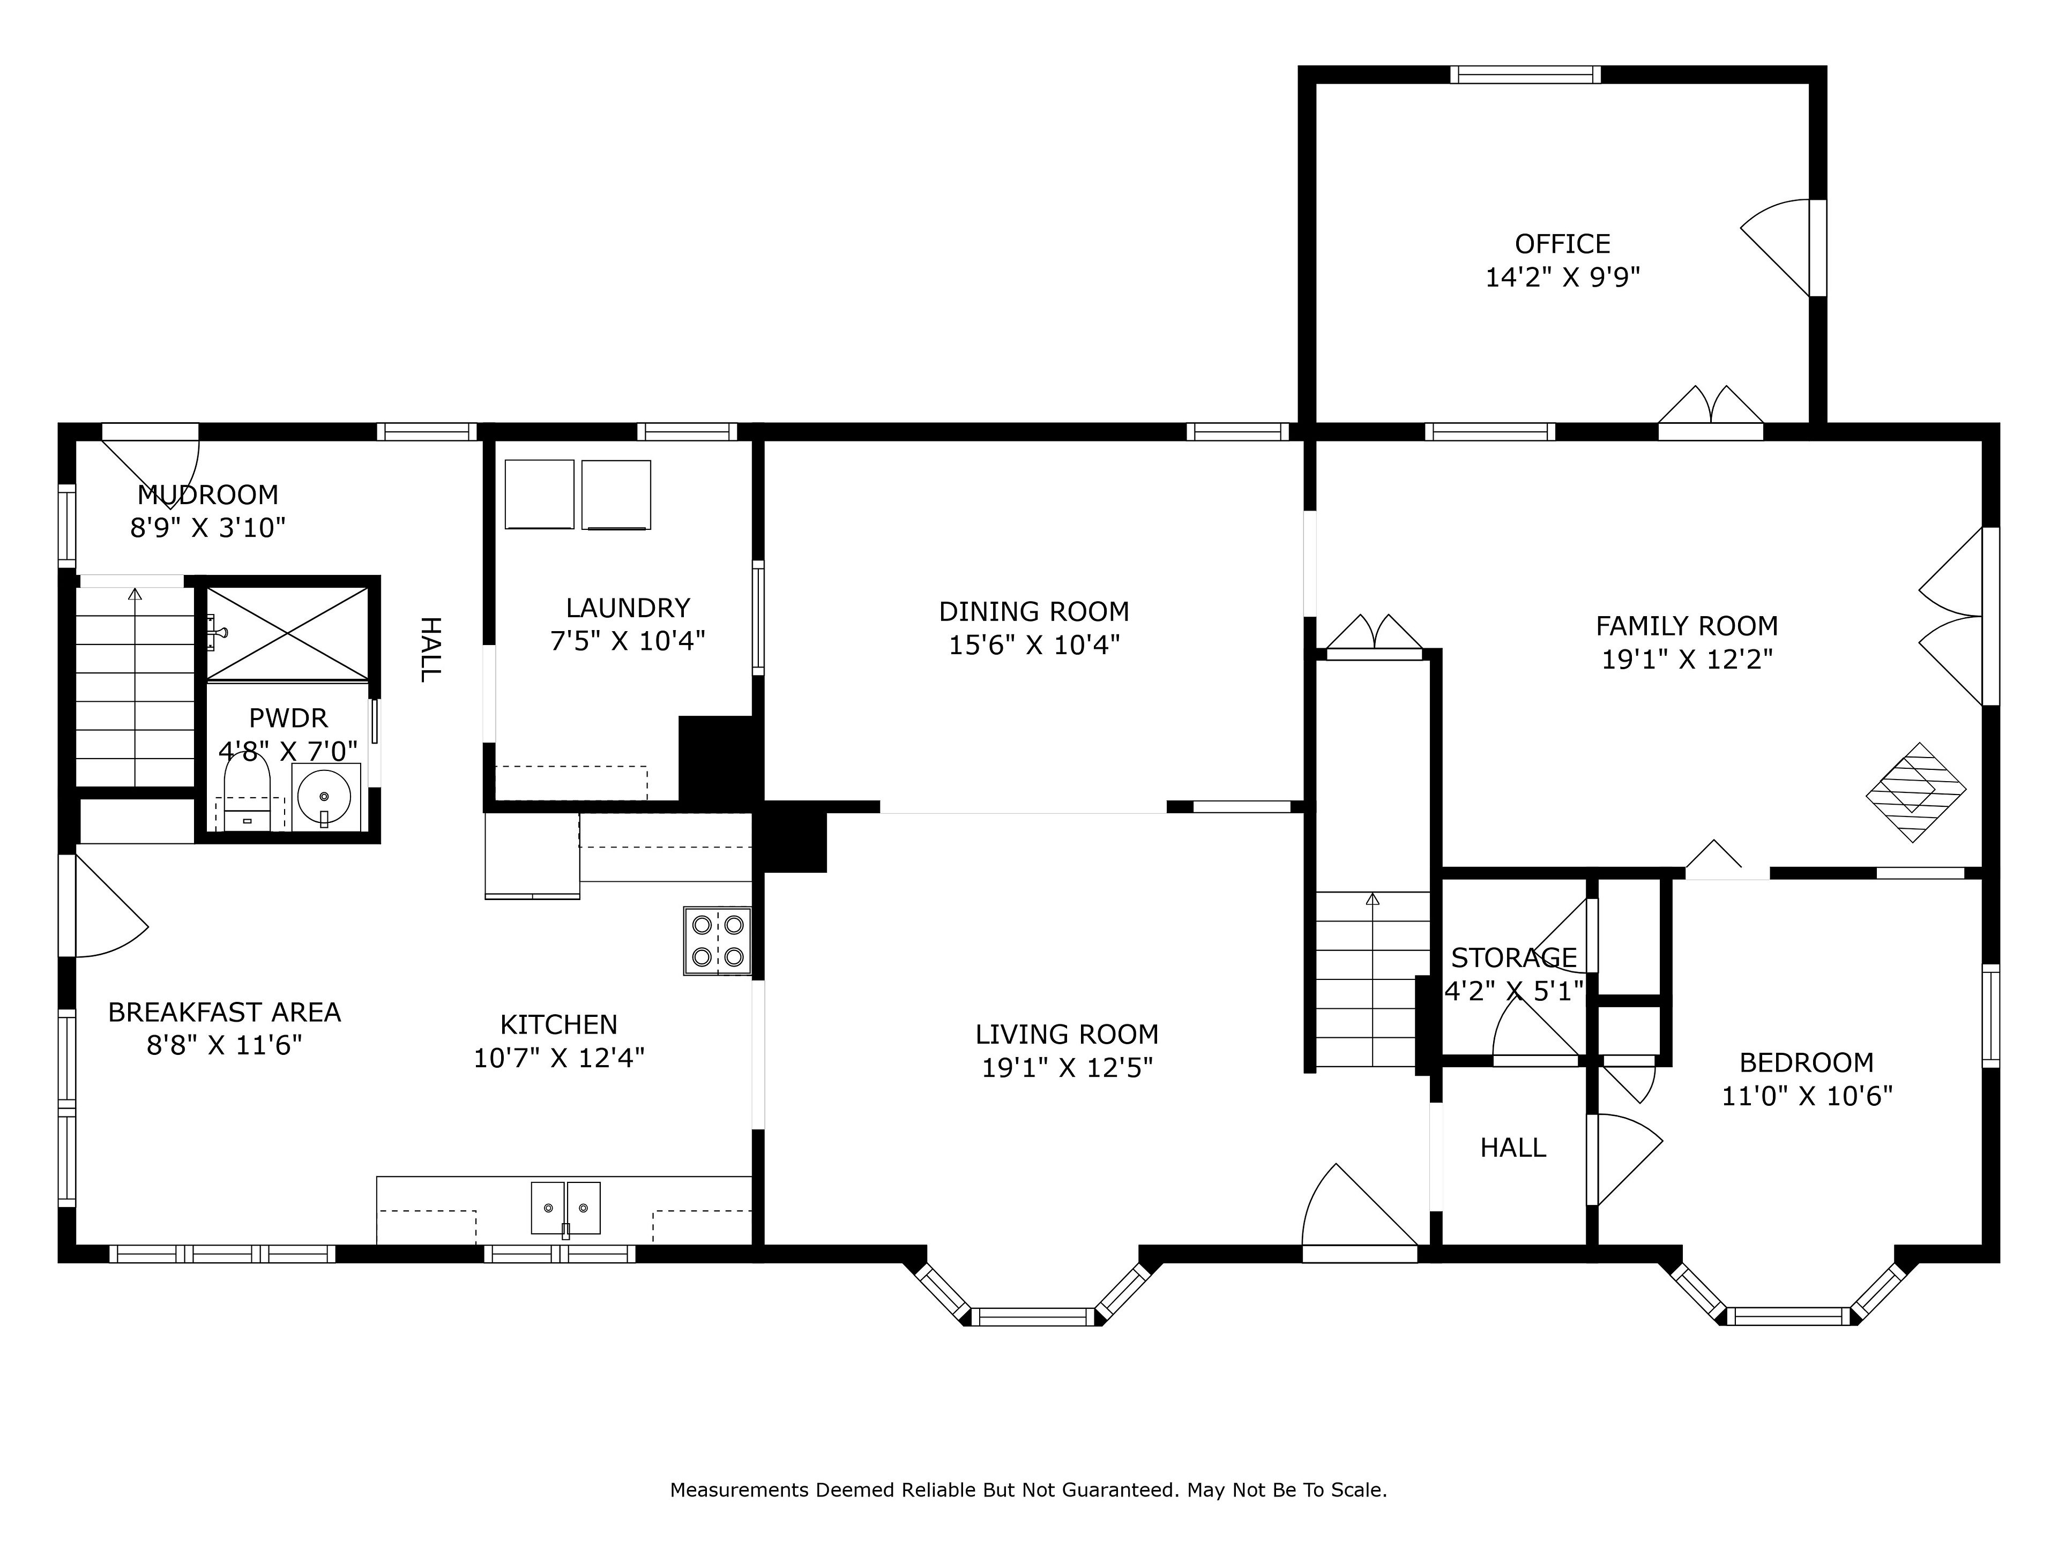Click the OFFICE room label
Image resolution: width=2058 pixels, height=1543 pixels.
(1562, 244)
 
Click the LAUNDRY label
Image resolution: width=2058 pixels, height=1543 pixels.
(628, 608)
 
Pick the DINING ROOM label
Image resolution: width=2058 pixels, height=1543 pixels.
(1034, 612)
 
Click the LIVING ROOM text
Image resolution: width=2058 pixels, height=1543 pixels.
(1067, 1034)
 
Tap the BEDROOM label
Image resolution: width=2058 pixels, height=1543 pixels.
(1807, 1062)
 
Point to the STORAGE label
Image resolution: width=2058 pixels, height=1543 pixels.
(1513, 958)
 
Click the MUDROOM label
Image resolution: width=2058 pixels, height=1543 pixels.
(207, 495)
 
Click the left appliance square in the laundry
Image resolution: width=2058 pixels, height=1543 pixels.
(540, 494)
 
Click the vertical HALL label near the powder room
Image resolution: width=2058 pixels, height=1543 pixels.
(429, 649)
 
